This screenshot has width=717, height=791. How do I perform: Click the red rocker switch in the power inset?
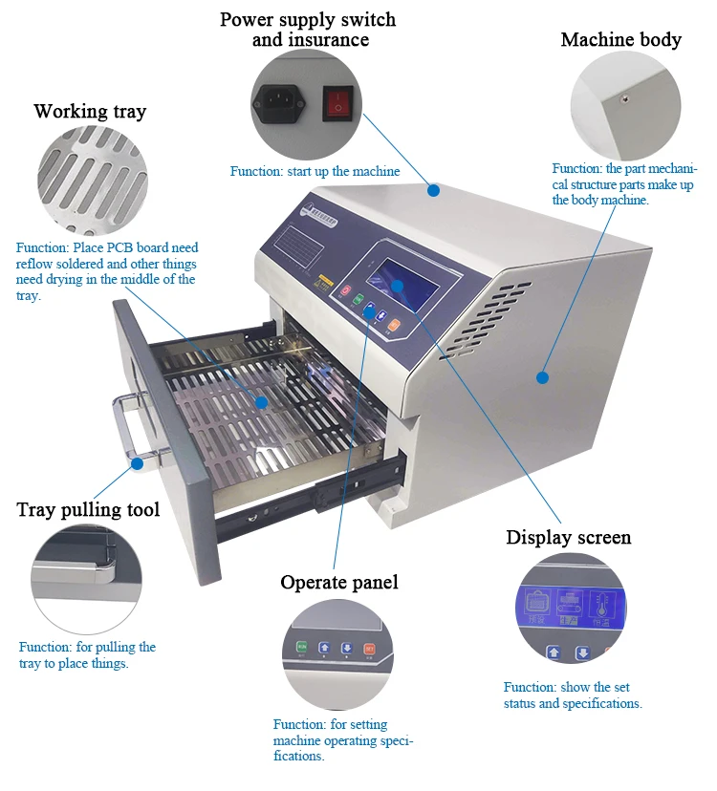coord(336,103)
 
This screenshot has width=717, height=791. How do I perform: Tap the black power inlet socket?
coord(278,102)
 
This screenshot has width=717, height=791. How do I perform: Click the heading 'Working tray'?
coord(90,112)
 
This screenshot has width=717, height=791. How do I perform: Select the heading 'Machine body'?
coord(620,39)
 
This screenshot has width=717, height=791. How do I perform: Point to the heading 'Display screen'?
coord(568,538)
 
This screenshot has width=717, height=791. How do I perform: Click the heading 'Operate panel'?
coord(338,583)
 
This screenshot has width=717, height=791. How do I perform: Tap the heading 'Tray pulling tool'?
coord(88,509)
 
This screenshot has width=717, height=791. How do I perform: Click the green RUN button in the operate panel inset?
coord(302,647)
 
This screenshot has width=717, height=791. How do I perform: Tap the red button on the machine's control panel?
coord(346,290)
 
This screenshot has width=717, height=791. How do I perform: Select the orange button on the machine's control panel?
coord(394,325)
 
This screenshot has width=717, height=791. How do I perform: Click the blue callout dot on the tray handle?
coord(137,463)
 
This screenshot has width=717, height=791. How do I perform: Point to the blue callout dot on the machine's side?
coord(542,377)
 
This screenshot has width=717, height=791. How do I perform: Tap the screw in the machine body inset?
coord(623,97)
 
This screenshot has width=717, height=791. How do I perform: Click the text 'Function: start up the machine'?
coord(315,172)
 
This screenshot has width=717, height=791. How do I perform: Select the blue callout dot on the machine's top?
coord(433,190)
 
